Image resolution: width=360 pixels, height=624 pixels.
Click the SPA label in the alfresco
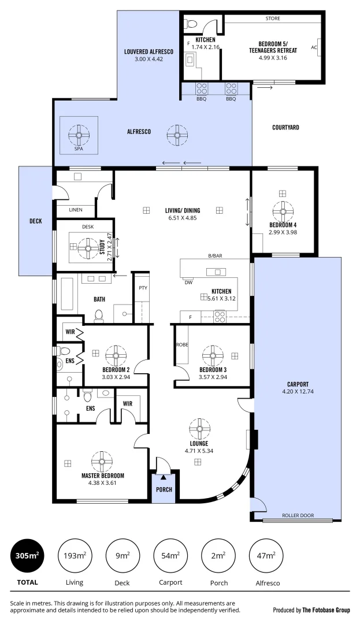tap(78, 148)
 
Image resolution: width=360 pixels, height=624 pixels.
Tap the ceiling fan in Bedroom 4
tap(283, 211)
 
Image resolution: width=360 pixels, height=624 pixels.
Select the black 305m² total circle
tap(27, 556)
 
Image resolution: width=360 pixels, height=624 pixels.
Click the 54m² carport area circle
tap(170, 556)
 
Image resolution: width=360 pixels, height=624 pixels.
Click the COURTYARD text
tap(285, 127)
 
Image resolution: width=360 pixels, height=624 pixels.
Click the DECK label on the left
tap(35, 221)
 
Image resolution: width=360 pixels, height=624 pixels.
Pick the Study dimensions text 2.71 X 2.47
tap(110, 248)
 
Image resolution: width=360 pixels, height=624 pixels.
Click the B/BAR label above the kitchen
tap(216, 256)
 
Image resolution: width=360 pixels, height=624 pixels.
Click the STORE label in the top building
tap(272, 18)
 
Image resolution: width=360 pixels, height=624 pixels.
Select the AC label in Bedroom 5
tap(314, 47)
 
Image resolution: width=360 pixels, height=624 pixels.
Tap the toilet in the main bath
tap(99, 315)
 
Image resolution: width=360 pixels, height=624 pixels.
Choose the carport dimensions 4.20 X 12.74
tap(298, 392)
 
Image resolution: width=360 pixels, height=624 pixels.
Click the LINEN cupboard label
tap(75, 210)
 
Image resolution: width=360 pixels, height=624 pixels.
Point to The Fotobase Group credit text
tap(311, 610)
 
